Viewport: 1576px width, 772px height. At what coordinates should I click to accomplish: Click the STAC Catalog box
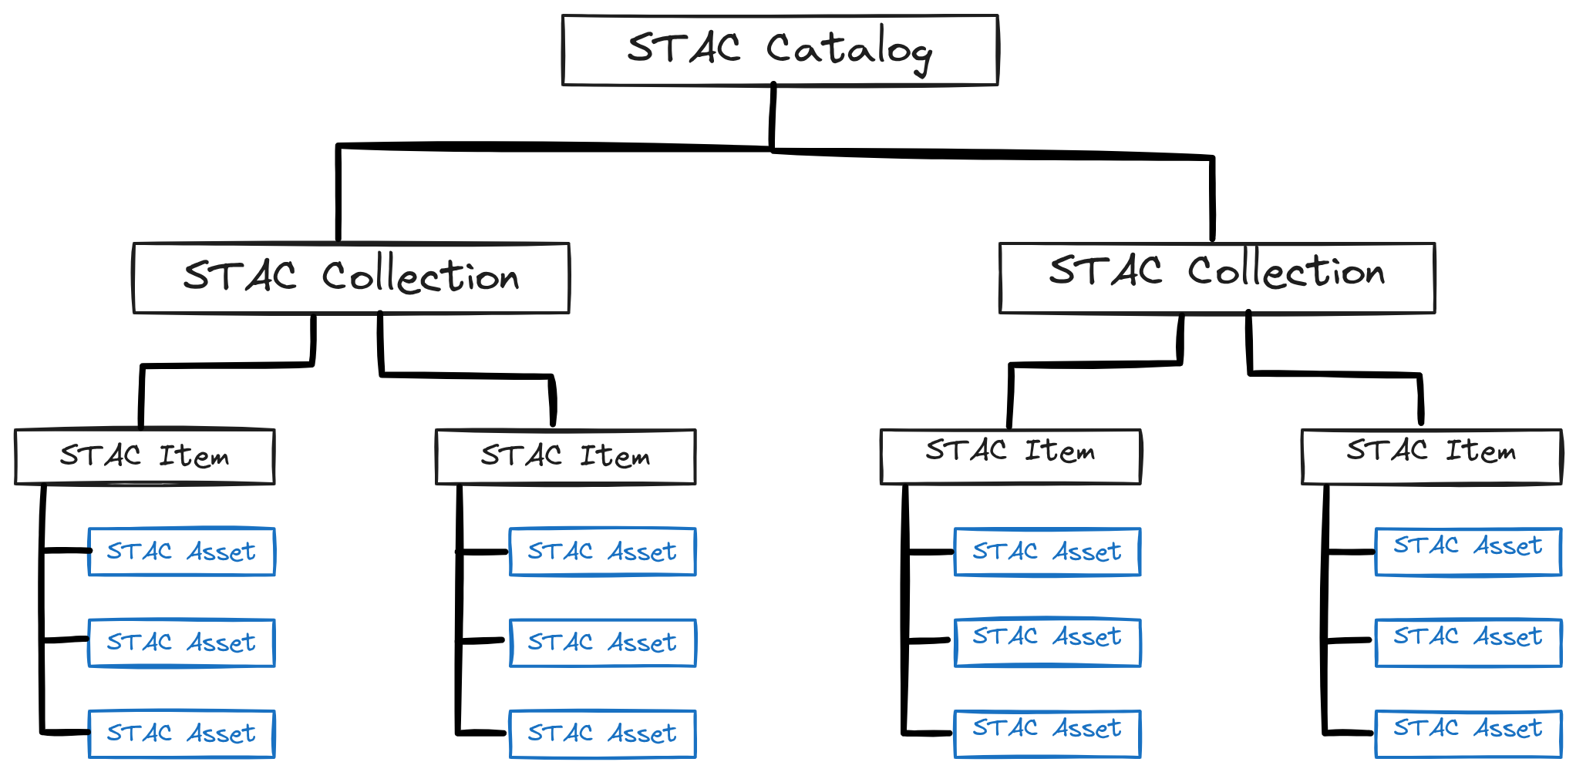780,50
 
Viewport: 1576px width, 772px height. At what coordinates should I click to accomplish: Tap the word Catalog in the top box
849,51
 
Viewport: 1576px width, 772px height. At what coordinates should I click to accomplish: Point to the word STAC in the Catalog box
684,48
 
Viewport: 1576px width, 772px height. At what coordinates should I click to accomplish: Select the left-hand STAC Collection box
352,278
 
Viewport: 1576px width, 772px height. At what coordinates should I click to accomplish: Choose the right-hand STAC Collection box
1217,278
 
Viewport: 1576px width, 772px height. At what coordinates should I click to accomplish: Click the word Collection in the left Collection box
421,275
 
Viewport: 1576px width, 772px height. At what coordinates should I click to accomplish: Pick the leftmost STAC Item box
145,456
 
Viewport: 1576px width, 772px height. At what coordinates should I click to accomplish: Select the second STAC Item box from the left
566,456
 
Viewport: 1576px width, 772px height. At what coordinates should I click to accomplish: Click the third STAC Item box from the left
1011,456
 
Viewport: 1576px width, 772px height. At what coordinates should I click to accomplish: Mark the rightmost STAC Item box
1432,456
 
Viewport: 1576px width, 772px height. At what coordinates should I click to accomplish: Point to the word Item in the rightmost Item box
1480,451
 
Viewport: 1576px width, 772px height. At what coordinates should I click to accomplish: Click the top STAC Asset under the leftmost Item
182,552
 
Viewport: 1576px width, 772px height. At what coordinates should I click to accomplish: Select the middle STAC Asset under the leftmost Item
182,643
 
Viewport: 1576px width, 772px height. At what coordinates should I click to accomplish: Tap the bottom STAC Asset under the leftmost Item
182,733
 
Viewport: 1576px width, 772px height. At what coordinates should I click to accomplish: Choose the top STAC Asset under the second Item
603,552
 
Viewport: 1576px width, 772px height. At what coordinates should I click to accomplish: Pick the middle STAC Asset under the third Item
1048,643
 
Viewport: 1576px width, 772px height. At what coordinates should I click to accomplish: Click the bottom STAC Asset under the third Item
1048,733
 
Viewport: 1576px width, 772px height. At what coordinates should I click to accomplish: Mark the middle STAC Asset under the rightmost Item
1469,643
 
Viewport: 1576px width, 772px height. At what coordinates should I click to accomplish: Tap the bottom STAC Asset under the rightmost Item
1469,733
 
